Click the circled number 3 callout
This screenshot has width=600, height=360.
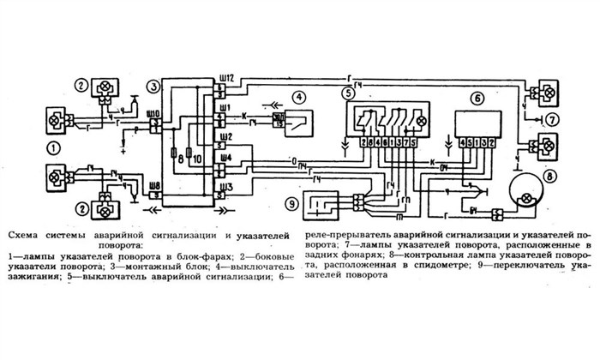[152, 87]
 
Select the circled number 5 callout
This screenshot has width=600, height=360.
[346, 92]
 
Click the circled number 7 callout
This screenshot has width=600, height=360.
[553, 119]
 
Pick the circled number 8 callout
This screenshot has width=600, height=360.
[550, 178]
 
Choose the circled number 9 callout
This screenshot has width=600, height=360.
[291, 203]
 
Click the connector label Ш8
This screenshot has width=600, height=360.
[153, 183]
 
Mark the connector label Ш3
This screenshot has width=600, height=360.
[225, 184]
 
